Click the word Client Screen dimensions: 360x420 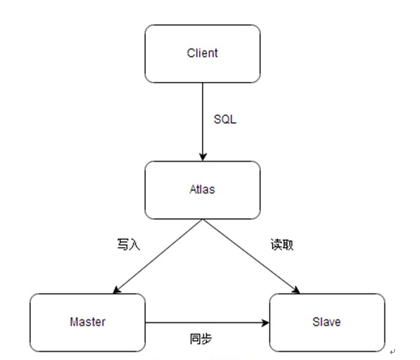[x=203, y=54]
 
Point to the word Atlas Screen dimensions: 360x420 [x=203, y=190]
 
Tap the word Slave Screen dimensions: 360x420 [x=326, y=322]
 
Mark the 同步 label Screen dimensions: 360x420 [x=201, y=339]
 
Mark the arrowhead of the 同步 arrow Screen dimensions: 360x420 [x=265, y=322]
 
